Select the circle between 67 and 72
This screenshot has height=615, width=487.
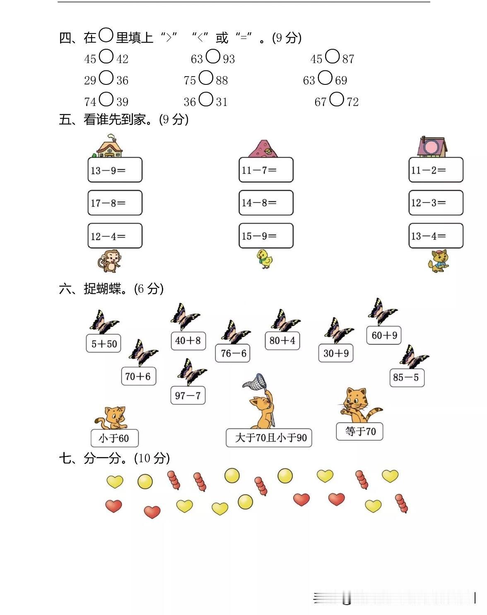337,99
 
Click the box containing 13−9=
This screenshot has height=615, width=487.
115,170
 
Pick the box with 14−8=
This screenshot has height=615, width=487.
266,203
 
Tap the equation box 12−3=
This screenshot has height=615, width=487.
436,203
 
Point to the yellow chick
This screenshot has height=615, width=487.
265,259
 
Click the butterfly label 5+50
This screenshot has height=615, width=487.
104,344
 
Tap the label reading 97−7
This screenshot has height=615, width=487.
188,396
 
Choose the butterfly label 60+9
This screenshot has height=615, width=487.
384,335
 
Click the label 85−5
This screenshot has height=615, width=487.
406,377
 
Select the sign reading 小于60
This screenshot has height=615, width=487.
114,438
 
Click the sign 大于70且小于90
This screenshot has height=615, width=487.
269,438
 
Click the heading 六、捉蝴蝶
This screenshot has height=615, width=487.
111,289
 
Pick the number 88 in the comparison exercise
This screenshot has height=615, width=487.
222,80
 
